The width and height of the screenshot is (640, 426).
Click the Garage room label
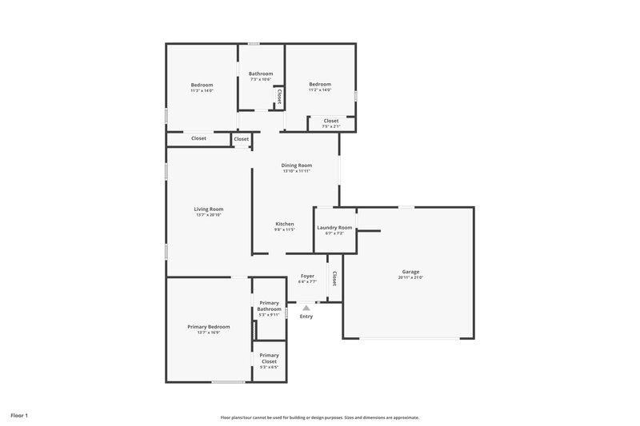point(410,271)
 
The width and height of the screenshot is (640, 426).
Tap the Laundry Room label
point(334,228)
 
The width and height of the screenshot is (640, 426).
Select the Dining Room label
point(296,165)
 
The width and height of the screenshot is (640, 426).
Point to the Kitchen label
point(285,224)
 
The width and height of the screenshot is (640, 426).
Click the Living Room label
point(209,209)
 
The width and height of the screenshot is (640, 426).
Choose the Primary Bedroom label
point(209,326)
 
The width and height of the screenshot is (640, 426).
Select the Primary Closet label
point(270,357)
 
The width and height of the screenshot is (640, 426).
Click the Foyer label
point(307,276)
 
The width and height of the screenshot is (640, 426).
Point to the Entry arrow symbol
point(306,307)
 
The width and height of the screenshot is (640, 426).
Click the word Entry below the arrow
point(306,317)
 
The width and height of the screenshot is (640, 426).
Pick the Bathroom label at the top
point(261,74)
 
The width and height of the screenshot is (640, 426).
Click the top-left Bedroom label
point(202,85)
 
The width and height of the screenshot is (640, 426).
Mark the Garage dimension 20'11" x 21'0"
point(410,277)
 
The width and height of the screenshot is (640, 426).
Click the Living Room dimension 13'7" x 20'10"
point(209,215)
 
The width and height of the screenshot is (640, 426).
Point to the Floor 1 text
point(19,416)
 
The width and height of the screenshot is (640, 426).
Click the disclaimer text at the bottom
point(320,417)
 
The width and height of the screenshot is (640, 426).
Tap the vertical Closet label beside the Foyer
point(334,279)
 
